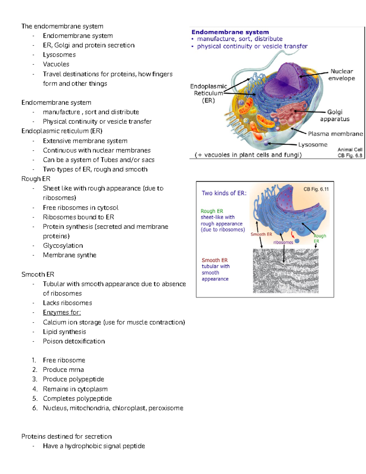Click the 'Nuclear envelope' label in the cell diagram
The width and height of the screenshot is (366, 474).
341,75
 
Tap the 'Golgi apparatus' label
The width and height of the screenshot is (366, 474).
335,115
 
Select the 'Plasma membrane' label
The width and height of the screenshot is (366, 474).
335,134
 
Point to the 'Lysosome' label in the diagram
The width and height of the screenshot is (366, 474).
313,145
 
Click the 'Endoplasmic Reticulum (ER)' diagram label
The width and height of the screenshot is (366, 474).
208,93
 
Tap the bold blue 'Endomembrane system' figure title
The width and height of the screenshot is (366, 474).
230,32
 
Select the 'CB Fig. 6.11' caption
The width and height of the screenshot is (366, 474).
316,189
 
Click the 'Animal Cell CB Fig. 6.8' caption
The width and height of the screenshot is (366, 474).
350,152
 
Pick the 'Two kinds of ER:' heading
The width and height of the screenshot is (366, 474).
224,193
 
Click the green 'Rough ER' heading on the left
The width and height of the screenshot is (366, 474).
212,211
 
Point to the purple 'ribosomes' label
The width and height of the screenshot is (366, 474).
283,242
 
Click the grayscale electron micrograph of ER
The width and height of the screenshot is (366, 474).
285,271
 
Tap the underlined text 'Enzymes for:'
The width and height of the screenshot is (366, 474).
62,313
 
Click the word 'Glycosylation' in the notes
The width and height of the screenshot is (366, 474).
63,246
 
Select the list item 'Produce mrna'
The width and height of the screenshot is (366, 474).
63,370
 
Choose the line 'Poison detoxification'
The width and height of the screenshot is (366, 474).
74,341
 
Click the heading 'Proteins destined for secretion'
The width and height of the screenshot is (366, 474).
66,436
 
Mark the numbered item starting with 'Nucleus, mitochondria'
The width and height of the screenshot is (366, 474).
113,408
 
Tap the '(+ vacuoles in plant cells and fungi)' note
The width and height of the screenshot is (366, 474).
248,155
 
